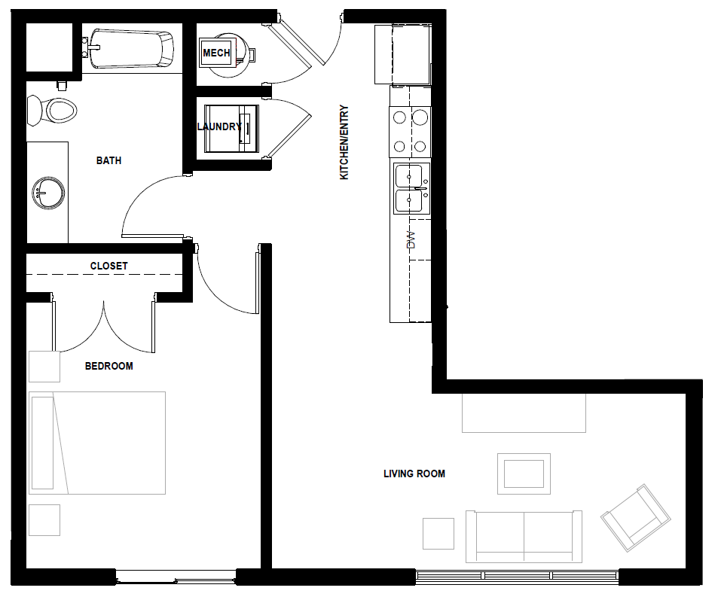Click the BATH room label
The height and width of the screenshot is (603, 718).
(x=108, y=160)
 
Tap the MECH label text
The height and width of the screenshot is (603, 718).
(x=217, y=53)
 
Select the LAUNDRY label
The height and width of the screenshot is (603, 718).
(x=219, y=127)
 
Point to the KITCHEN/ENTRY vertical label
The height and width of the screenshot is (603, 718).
(x=344, y=142)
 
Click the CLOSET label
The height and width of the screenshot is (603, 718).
(x=108, y=266)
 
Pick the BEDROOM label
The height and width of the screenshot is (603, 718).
(x=108, y=366)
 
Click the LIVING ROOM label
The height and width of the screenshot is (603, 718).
(x=414, y=474)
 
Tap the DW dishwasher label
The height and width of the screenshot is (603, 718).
(x=411, y=240)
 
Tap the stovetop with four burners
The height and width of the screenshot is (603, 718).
(x=410, y=131)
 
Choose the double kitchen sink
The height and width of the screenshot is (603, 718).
(x=411, y=188)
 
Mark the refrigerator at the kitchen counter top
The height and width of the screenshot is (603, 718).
(x=403, y=53)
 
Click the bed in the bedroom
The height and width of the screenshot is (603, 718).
(x=96, y=443)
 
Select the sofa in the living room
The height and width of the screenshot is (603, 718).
(x=524, y=536)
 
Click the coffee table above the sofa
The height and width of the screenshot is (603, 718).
(x=524, y=474)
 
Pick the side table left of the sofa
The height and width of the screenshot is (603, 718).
(x=438, y=533)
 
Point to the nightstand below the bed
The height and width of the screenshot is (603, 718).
(x=44, y=519)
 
